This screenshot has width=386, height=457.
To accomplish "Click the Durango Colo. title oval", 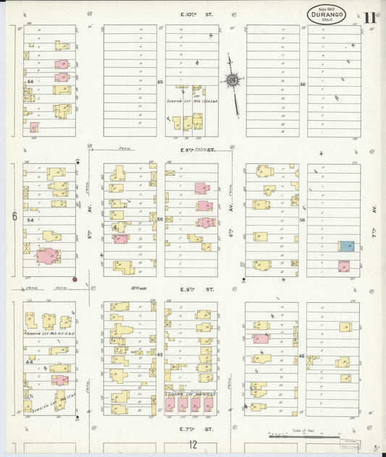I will (x=326, y=14).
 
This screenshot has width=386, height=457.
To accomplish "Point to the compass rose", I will (x=233, y=80).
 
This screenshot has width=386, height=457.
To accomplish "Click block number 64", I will (x=30, y=82).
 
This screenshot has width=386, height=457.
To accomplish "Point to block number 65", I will (x=160, y=82).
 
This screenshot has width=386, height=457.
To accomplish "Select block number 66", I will (x=303, y=85).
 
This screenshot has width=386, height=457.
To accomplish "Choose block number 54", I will (x=30, y=219).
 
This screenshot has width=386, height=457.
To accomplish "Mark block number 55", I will (x=160, y=219).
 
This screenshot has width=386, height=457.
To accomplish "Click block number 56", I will (x=303, y=220).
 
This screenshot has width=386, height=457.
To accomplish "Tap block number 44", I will (x=30, y=359).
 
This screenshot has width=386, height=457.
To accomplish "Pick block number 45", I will (x=160, y=354).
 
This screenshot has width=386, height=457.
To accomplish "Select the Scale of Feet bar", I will (x=304, y=437).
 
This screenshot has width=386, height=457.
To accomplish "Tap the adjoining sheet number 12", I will (x=193, y=444).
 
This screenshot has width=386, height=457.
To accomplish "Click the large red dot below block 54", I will (x=75, y=278).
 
